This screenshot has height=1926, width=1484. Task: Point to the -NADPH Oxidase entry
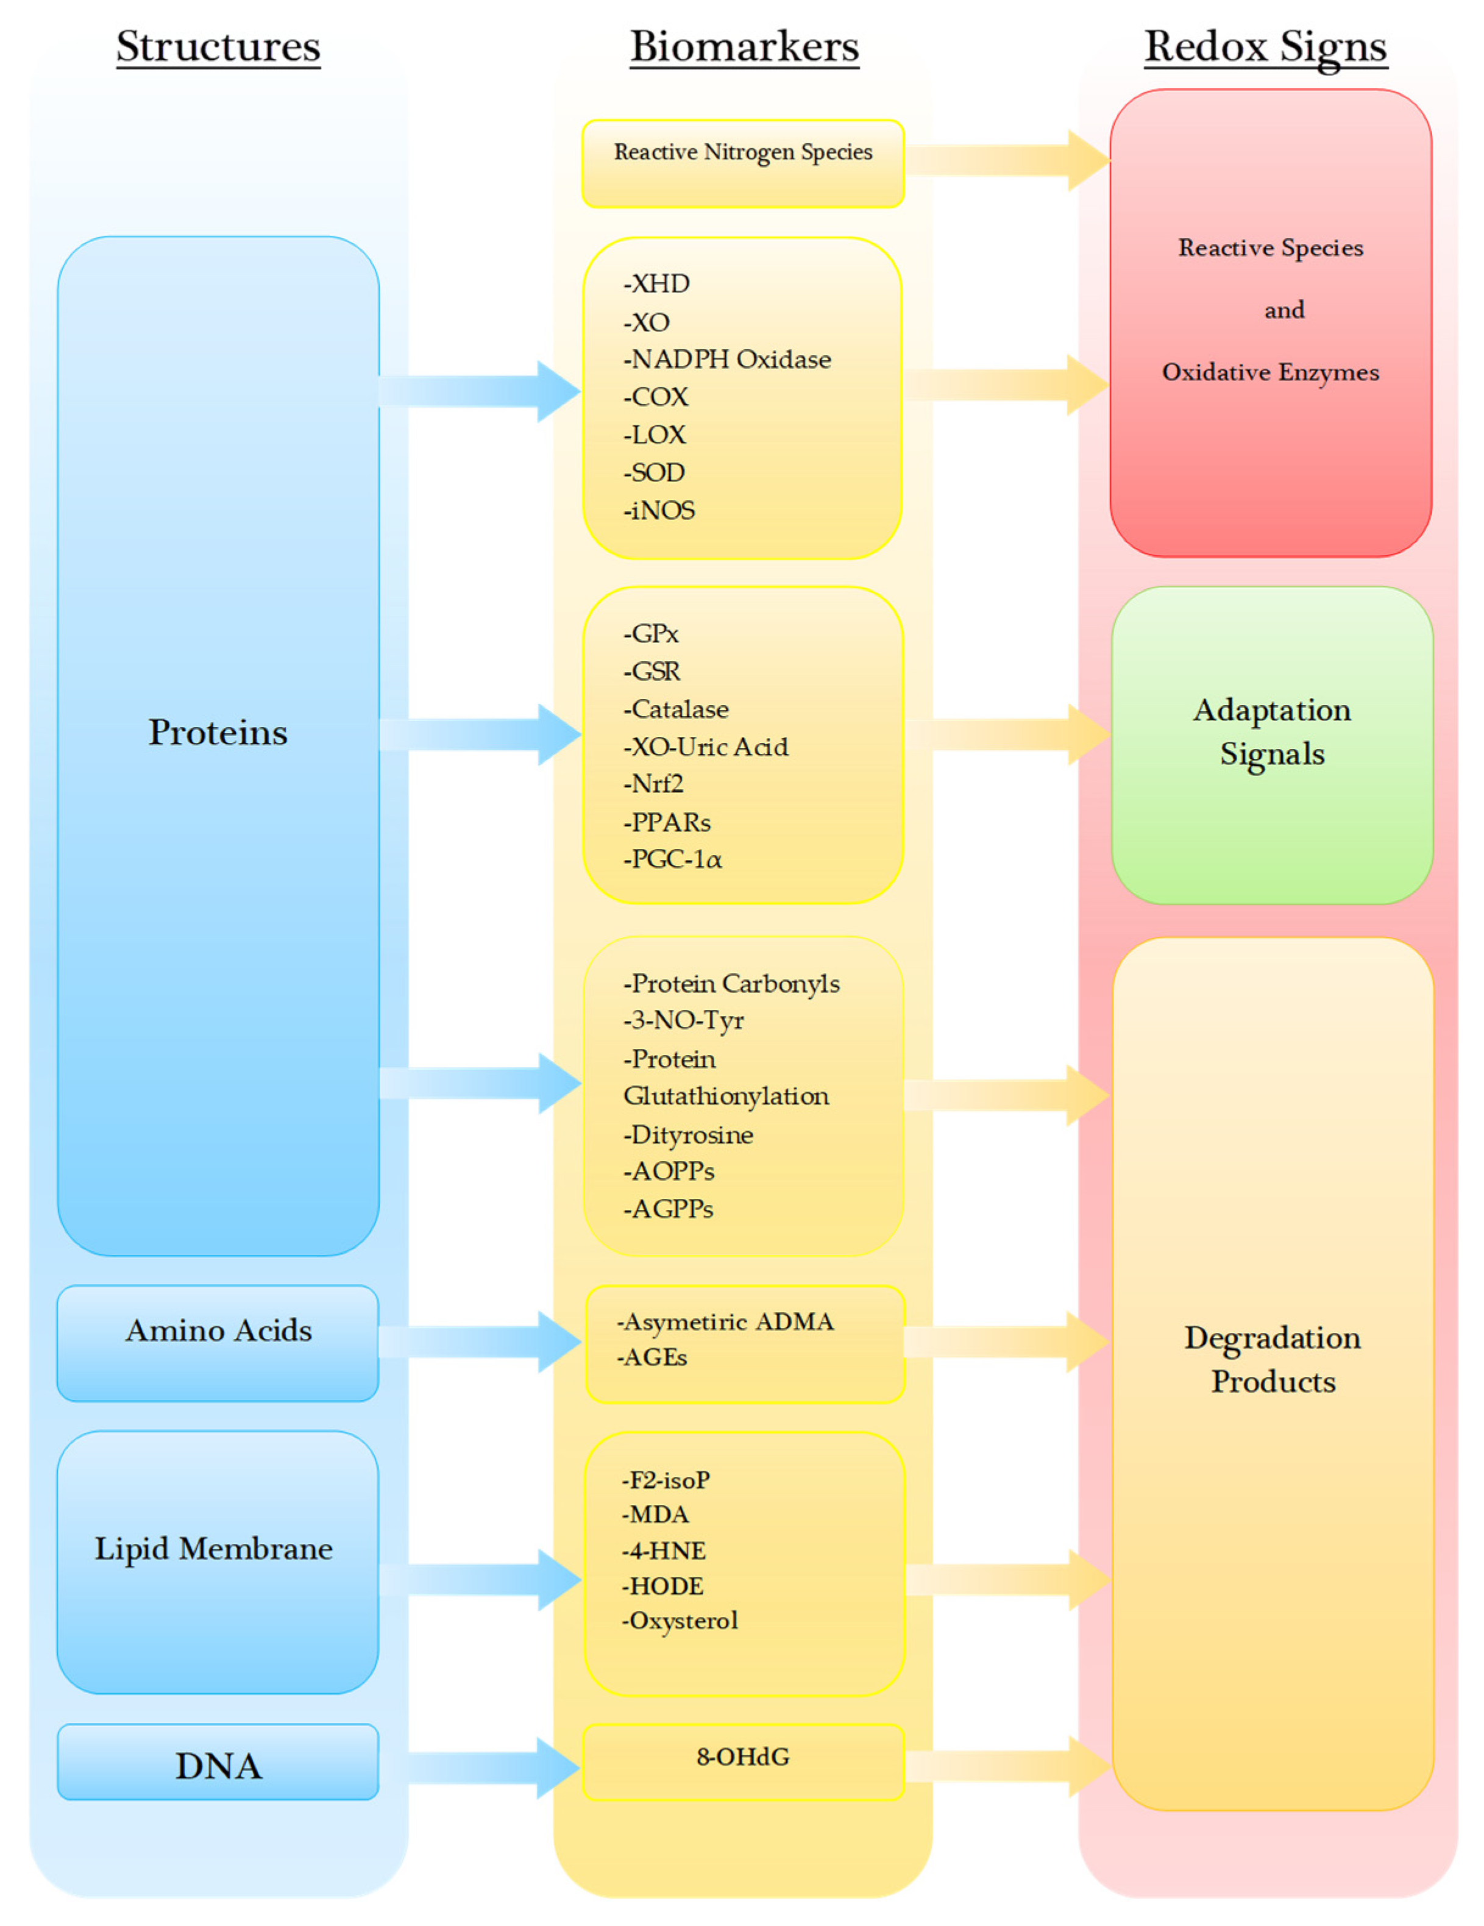(x=728, y=359)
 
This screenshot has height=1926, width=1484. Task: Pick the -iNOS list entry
(x=659, y=510)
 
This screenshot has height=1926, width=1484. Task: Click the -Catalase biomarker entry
(x=676, y=709)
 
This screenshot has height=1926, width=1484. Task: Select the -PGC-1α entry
(x=673, y=859)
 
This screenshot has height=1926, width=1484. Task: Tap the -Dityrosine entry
(x=689, y=1134)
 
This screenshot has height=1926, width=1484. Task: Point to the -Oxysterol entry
(x=680, y=1620)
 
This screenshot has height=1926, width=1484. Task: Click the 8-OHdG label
(x=742, y=1757)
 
